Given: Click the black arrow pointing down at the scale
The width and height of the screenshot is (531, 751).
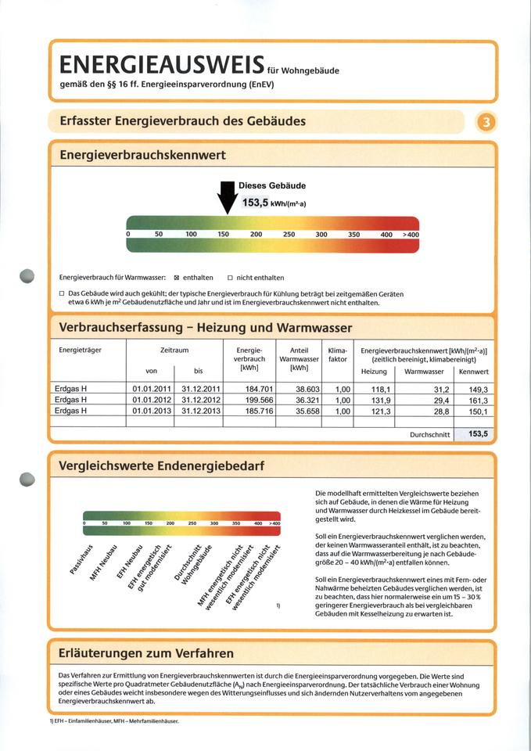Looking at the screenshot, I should coord(228,196).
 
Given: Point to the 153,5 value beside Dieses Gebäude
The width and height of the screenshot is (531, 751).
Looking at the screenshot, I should coord(256,203).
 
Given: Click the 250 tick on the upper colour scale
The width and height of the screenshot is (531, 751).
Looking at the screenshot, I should coord(289,234).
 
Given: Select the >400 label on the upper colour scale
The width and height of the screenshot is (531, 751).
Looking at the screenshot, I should coord(411,234).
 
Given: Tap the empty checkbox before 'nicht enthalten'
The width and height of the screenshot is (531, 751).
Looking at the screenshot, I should coord(230,278).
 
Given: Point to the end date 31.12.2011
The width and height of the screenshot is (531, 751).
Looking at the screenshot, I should coord(200,388).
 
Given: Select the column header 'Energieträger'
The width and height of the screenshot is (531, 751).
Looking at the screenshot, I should coord(81,350).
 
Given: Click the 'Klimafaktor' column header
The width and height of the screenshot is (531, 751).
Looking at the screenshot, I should coord(337,354).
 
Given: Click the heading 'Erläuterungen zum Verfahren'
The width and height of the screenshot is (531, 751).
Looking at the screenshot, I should coord(146,652).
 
